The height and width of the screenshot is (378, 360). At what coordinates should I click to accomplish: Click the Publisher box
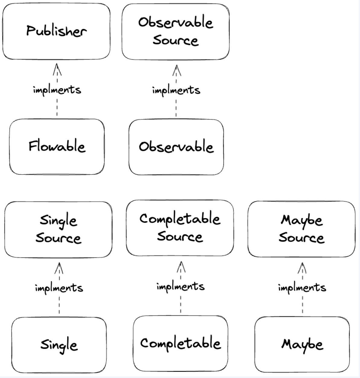point(56,31)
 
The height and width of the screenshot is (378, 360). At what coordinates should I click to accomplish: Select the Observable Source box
point(175,31)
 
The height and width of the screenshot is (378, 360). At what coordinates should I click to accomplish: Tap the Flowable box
point(57,147)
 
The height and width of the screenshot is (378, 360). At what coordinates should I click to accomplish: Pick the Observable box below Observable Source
point(176,147)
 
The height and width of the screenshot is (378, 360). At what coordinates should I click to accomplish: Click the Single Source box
point(58,230)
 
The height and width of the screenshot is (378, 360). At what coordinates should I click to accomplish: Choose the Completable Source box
point(180,228)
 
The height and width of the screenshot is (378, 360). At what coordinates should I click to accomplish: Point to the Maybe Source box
point(301,229)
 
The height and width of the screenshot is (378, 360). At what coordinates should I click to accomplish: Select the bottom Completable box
point(180,343)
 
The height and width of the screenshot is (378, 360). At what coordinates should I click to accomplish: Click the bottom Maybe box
point(302,344)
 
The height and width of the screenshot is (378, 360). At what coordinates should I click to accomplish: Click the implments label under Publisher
point(57,90)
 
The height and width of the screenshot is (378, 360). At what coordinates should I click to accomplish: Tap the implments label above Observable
point(176,90)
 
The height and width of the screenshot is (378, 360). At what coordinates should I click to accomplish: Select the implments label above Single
point(59,288)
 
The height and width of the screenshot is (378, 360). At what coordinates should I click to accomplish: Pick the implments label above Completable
point(180,286)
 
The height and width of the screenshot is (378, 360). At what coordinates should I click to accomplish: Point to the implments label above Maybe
point(302,287)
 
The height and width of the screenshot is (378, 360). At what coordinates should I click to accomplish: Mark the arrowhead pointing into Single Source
point(59,267)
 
